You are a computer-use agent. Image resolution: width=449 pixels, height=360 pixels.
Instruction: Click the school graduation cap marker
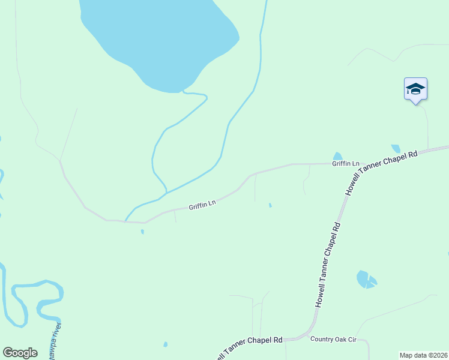coord(415,89)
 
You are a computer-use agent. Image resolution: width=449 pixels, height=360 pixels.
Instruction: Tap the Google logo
coord(20,353)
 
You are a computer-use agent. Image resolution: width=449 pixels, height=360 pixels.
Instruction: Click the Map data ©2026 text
coord(424,355)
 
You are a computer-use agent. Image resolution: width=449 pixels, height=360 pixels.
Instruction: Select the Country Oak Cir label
coord(334,340)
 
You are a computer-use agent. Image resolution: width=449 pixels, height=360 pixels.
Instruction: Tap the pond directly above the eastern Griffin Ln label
coord(337,157)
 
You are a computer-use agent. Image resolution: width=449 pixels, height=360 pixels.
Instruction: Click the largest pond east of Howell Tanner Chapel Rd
coord(364,279)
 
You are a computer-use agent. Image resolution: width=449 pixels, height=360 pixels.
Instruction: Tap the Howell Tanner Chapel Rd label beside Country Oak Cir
coord(246,346)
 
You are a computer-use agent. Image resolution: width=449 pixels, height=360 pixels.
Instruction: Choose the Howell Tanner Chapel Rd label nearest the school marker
coord(381,173)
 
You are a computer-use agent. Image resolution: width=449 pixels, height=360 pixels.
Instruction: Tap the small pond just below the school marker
coord(396,148)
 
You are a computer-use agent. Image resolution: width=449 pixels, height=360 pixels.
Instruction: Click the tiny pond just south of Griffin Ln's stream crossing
coord(142,231)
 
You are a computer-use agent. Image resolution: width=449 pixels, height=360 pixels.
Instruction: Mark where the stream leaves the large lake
coord(184,92)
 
